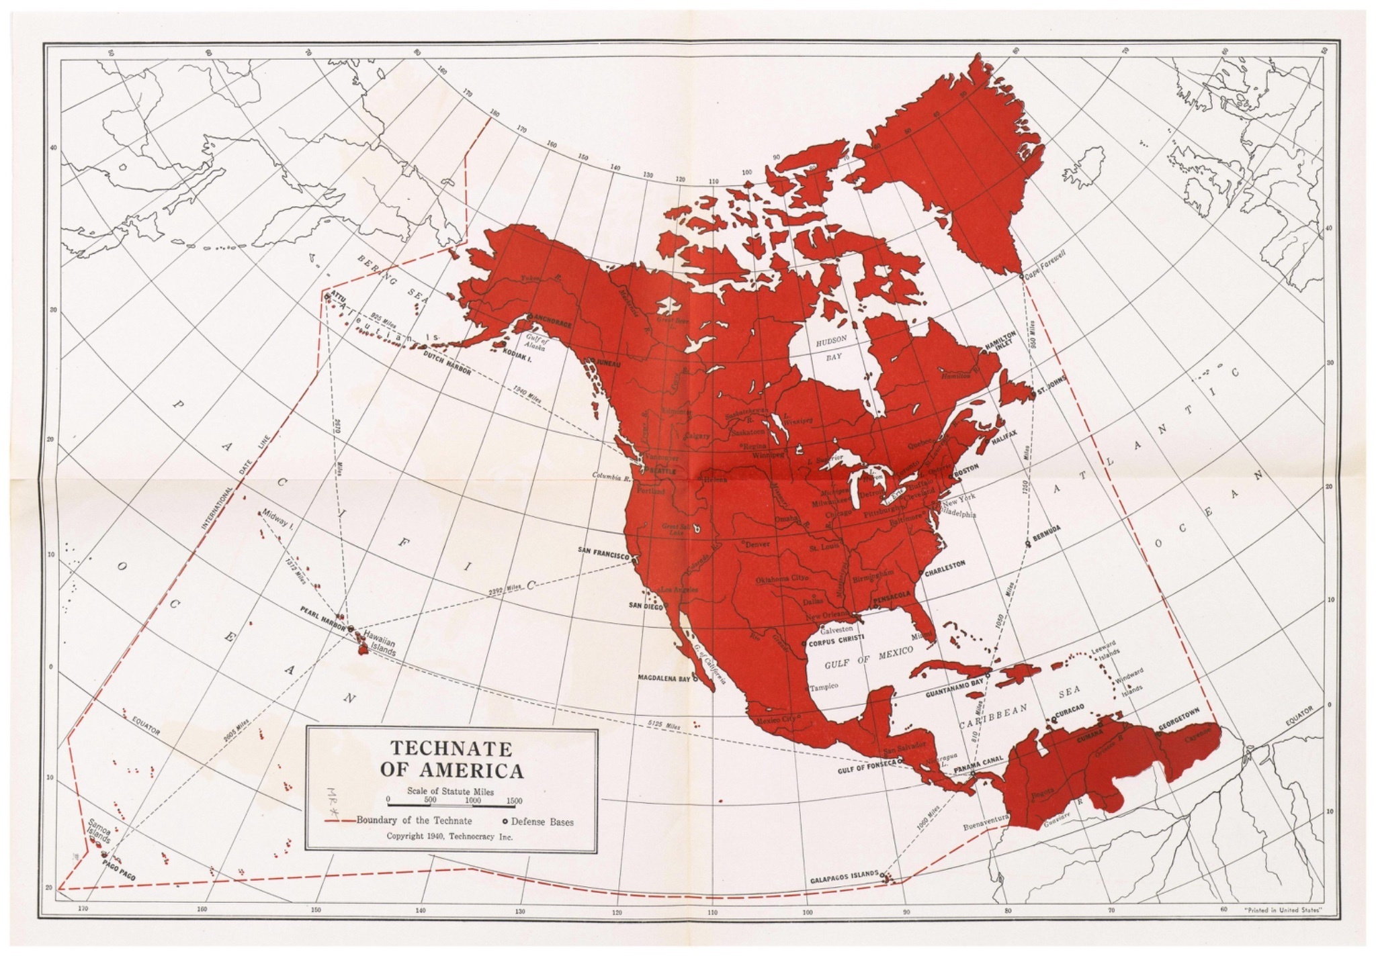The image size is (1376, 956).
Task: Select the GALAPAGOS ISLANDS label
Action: pyautogui.click(x=844, y=878)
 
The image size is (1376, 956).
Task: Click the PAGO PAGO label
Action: pyautogui.click(x=120, y=865)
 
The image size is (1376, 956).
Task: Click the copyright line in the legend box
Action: pyautogui.click(x=449, y=836)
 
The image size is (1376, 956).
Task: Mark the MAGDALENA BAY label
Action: pyautogui.click(x=664, y=678)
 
